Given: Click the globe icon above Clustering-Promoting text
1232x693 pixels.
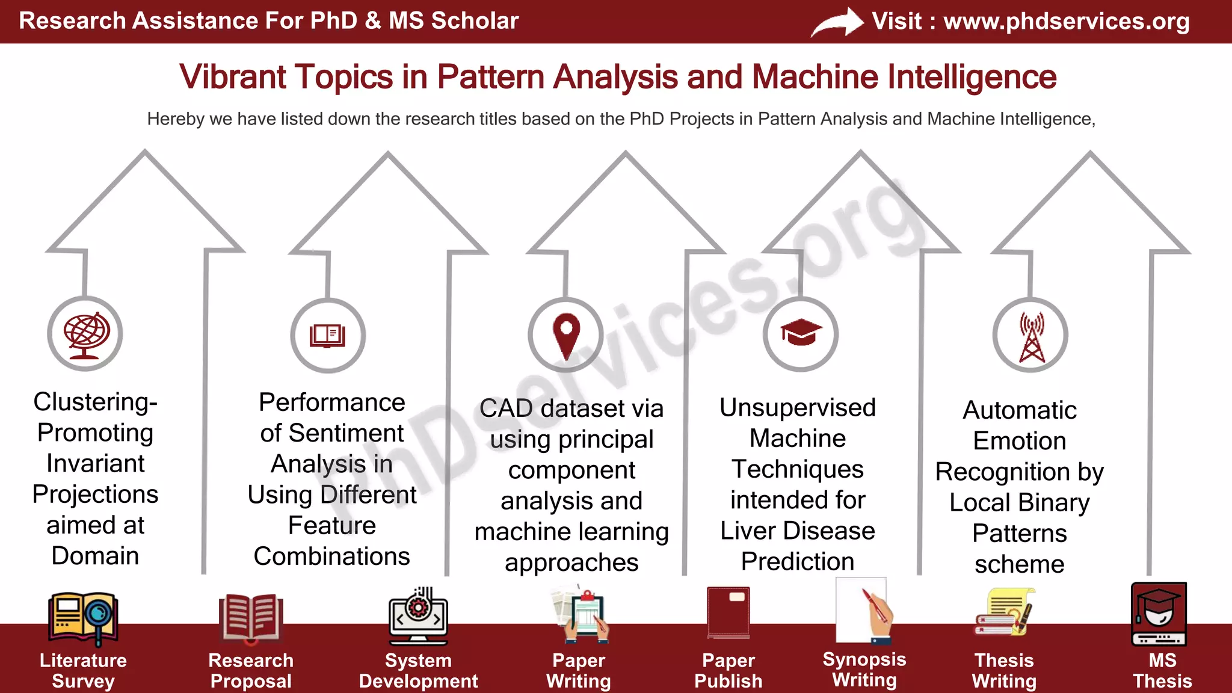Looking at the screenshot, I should point(85,334).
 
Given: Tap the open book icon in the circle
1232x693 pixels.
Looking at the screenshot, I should point(328,336).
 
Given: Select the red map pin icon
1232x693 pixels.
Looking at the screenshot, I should point(566,334).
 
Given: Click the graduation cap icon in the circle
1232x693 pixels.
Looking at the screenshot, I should point(801,333).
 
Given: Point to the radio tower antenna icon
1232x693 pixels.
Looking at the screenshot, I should point(1032,337).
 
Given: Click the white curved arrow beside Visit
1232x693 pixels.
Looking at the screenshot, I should point(837,23).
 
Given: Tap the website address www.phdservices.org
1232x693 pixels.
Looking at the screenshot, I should point(1066,22).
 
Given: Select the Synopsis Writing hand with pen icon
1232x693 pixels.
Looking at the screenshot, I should point(864,611).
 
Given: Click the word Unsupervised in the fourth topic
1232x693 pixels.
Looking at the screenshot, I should point(797,408).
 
